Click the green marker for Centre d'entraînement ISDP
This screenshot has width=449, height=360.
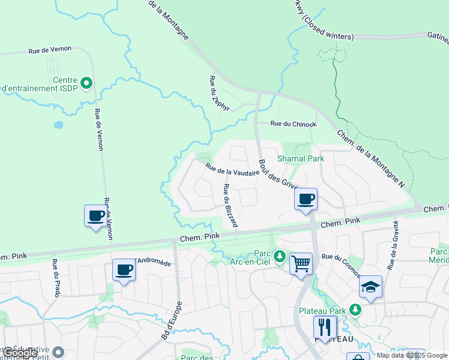pyautogui.click(x=86, y=83)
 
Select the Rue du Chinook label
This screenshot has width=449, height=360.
pyautogui.click(x=293, y=124)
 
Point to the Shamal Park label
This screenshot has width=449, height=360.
pyautogui.click(x=300, y=158)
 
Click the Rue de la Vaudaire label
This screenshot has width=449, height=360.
pyautogui.click(x=232, y=169)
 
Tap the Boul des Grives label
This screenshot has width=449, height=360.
pyautogui.click(x=278, y=174)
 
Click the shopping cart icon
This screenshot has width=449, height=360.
pyautogui.click(x=301, y=263)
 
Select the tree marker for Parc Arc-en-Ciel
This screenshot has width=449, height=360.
pyautogui.click(x=279, y=257)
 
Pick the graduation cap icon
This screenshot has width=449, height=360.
pyautogui.click(x=370, y=287)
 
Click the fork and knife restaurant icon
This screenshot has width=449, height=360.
pyautogui.click(x=324, y=327)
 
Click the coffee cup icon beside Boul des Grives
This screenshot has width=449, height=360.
pyautogui.click(x=306, y=199)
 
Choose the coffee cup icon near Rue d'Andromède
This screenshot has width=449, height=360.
pyautogui.click(x=124, y=270)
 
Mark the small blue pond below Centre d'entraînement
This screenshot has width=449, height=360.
pyautogui.click(x=58, y=125)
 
